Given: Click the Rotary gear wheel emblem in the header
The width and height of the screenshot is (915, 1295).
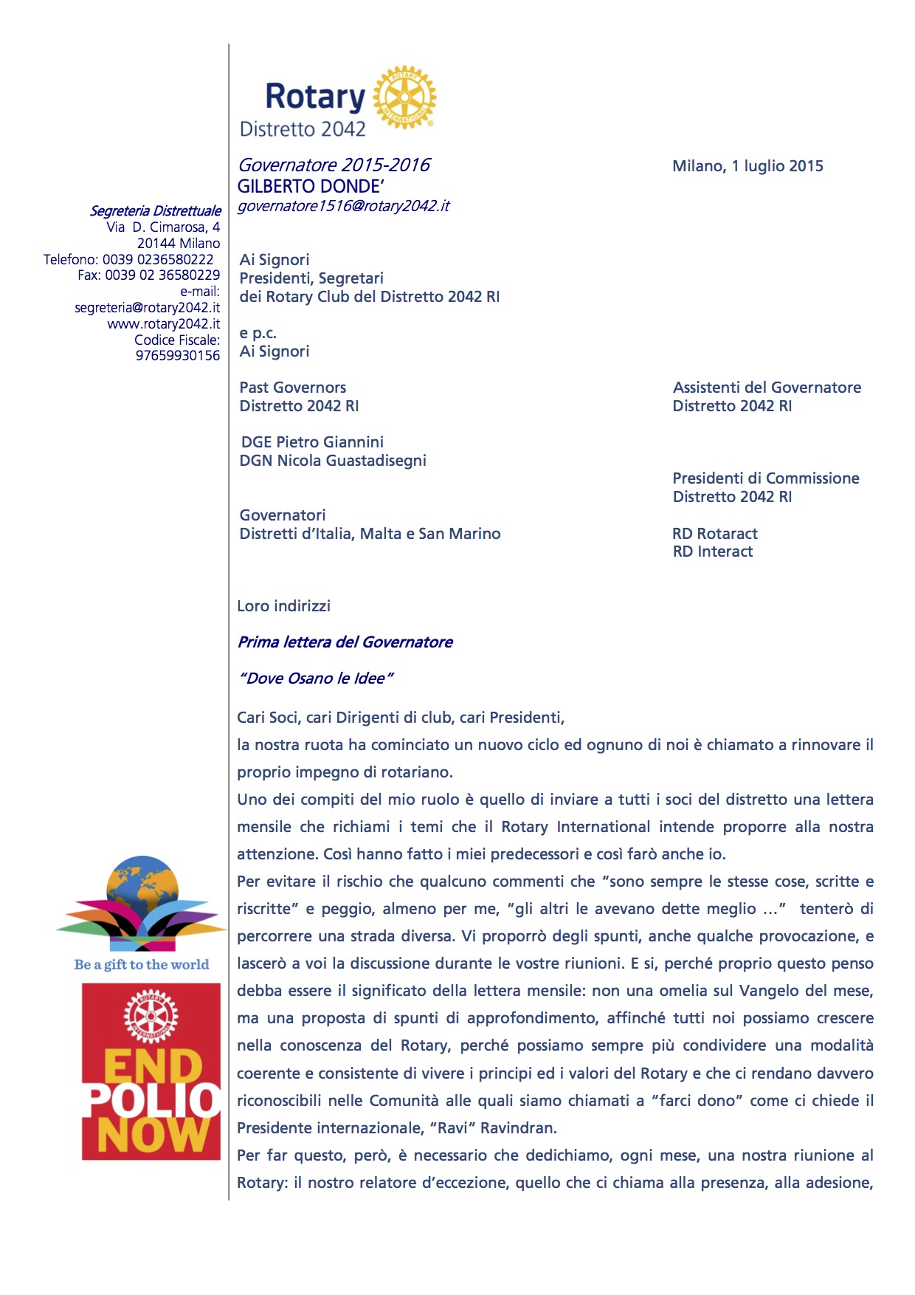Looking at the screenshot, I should coord(404,97).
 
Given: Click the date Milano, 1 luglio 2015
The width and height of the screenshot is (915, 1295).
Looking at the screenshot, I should coord(747,166).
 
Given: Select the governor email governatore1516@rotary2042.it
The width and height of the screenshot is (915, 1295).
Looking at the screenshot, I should coord(343,206).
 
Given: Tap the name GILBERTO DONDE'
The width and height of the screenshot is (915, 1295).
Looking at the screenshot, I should coord(311,186).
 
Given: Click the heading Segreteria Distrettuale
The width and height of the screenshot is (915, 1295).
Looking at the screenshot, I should coord(155,211).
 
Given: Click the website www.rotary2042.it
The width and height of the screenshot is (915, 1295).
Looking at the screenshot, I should coord(164,323).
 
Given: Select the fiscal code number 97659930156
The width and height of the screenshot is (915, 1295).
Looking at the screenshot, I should coord(178,356).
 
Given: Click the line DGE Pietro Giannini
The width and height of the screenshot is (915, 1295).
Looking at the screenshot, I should coord(312,442).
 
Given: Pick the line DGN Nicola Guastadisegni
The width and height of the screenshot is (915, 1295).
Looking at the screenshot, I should coord(333,461).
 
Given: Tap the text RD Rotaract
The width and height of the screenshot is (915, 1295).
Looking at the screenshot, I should coord(715,534).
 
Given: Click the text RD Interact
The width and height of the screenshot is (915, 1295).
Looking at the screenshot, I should coord(713,552).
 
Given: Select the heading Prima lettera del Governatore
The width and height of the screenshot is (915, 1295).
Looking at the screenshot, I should coord(345,642).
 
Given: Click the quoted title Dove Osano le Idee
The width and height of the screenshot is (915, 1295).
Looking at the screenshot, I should coord(316,679).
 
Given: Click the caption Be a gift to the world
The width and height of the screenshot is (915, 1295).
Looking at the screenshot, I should coord(142,964).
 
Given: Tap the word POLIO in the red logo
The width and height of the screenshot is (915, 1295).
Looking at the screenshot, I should coord(152,1101).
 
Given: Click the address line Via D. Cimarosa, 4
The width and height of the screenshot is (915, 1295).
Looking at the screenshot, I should coord(163,227).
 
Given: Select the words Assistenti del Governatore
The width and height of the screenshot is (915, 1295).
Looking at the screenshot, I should coord(767,388).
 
